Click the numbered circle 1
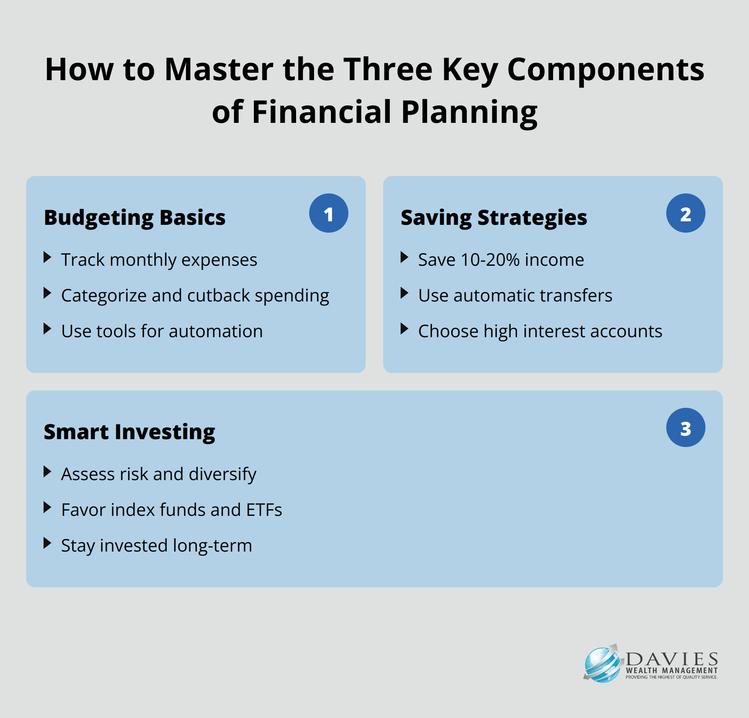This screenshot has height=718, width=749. (329, 213)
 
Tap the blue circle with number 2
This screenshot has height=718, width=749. (686, 213)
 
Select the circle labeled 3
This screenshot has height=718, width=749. (686, 427)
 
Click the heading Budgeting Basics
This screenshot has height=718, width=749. (135, 218)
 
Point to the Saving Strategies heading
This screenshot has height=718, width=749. (494, 218)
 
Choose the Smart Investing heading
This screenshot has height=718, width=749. (130, 432)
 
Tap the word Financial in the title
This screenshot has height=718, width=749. (322, 112)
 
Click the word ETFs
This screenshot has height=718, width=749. (264, 510)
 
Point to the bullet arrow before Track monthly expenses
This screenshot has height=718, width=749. (47, 257)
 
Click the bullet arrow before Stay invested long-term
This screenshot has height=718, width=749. (47, 543)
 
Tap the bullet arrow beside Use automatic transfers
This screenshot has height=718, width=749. (405, 293)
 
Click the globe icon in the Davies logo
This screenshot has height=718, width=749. (602, 664)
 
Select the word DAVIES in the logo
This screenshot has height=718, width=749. (672, 658)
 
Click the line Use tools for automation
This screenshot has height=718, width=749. (162, 331)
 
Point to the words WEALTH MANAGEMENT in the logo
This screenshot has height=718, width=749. (672, 671)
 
